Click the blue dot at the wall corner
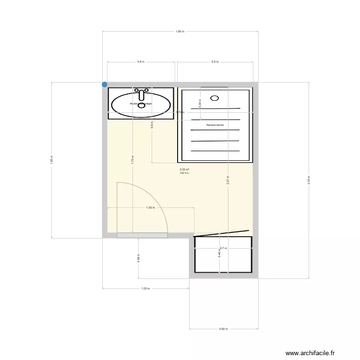(x=105, y=84)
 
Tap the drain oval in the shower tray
(x=214, y=98)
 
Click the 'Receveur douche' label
(x=215, y=125)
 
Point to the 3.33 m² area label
(x=184, y=169)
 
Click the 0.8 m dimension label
(x=141, y=62)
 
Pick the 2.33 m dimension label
(x=309, y=180)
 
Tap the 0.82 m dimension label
(x=224, y=329)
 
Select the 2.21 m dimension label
(x=228, y=180)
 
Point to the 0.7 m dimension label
(x=223, y=248)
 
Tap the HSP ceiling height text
(x=184, y=173)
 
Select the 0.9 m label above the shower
(x=215, y=62)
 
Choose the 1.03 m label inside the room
(x=150, y=208)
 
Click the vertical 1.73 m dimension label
(x=132, y=160)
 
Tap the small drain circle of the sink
(x=141, y=107)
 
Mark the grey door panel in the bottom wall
(x=142, y=235)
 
